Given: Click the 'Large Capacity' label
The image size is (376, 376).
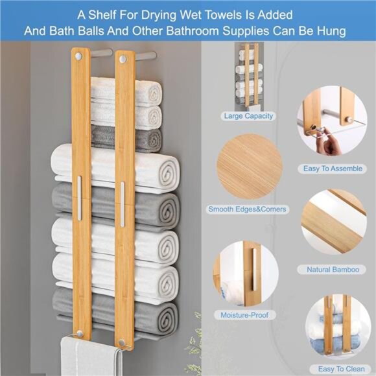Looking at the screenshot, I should (249, 116).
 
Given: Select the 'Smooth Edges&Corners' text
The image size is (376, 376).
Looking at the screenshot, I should (247, 209).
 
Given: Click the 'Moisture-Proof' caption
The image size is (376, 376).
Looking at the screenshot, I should (248, 315).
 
